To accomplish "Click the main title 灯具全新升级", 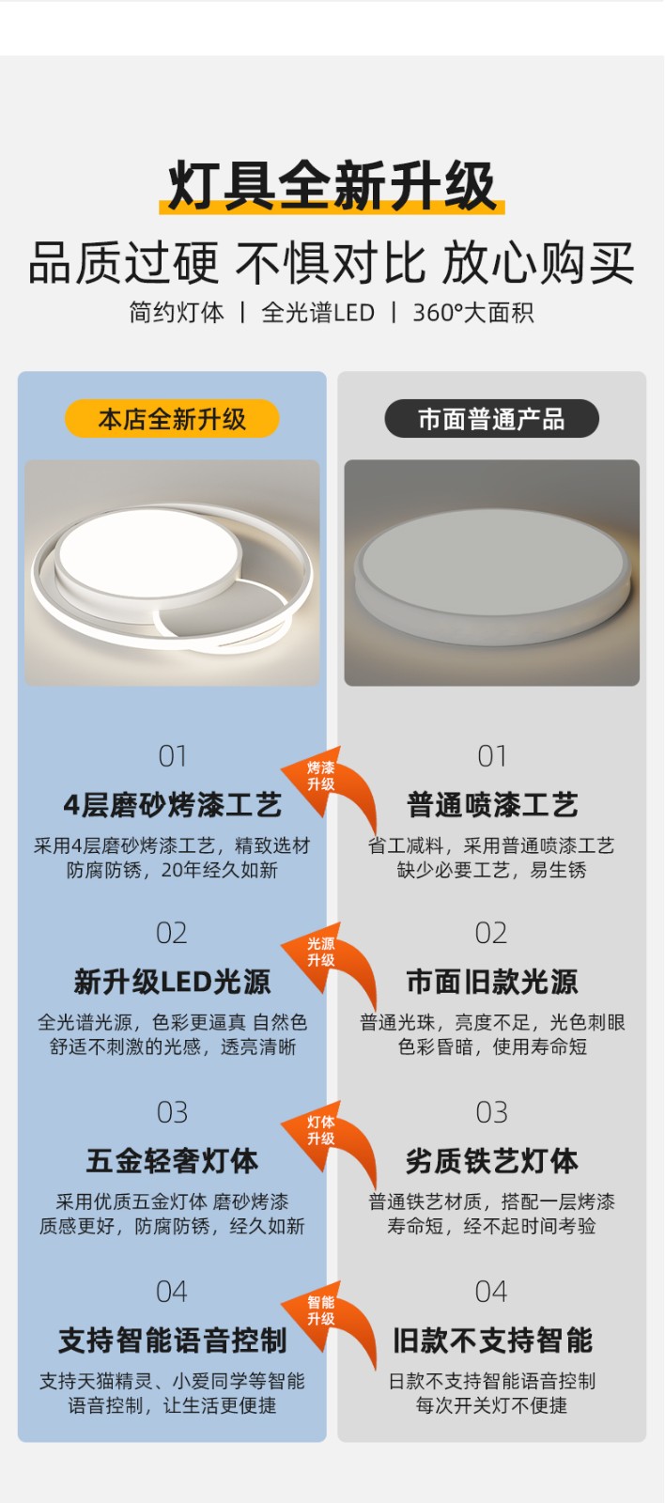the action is [332, 186].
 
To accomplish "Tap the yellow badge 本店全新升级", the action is [172, 419].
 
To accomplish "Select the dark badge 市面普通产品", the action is [491, 419].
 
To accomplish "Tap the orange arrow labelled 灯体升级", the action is [329, 1143].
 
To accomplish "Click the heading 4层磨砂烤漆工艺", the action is [173, 805].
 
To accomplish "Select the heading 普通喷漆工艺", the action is [492, 805].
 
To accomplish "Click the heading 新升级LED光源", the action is [173, 982].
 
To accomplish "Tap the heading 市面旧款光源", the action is [492, 982].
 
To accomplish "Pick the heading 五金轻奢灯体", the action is [173, 1161].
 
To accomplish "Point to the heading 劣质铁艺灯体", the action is [492, 1161].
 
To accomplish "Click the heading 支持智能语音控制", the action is [173, 1340].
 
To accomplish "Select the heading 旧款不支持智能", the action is [492, 1340].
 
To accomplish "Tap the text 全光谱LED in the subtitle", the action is [317, 313].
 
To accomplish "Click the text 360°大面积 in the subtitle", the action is [473, 313].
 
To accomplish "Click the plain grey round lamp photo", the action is [492, 572].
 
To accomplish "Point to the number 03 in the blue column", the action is [173, 1112].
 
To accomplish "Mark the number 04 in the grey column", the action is [491, 1292].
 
